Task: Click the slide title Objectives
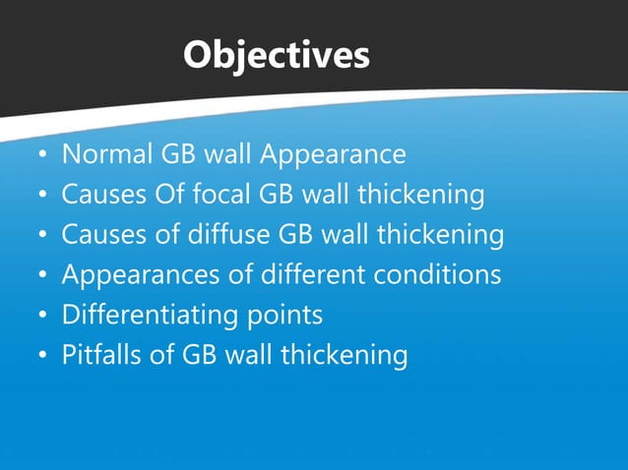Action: click(276, 55)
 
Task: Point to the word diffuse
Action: click(232, 236)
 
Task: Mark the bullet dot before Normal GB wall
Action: click(41, 157)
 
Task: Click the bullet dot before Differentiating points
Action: click(41, 319)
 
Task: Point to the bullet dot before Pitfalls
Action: click(41, 358)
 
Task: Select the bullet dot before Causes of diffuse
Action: click(41, 238)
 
